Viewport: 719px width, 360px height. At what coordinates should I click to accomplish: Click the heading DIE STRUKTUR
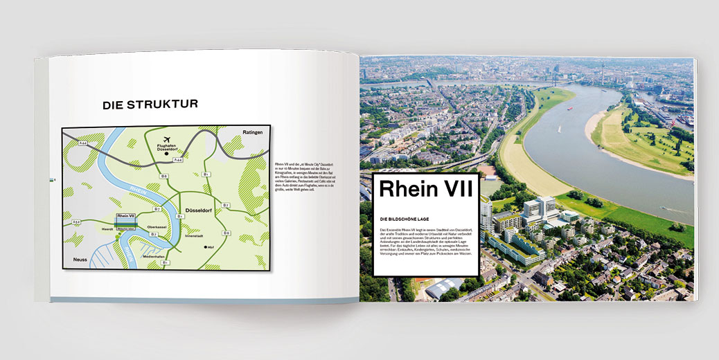150,105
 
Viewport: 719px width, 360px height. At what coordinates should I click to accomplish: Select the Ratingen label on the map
253,133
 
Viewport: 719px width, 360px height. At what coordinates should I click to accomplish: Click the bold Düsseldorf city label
202,208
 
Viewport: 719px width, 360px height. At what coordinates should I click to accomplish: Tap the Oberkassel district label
160,226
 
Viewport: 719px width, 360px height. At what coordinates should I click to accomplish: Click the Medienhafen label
154,256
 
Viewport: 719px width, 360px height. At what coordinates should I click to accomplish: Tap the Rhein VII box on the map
127,217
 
